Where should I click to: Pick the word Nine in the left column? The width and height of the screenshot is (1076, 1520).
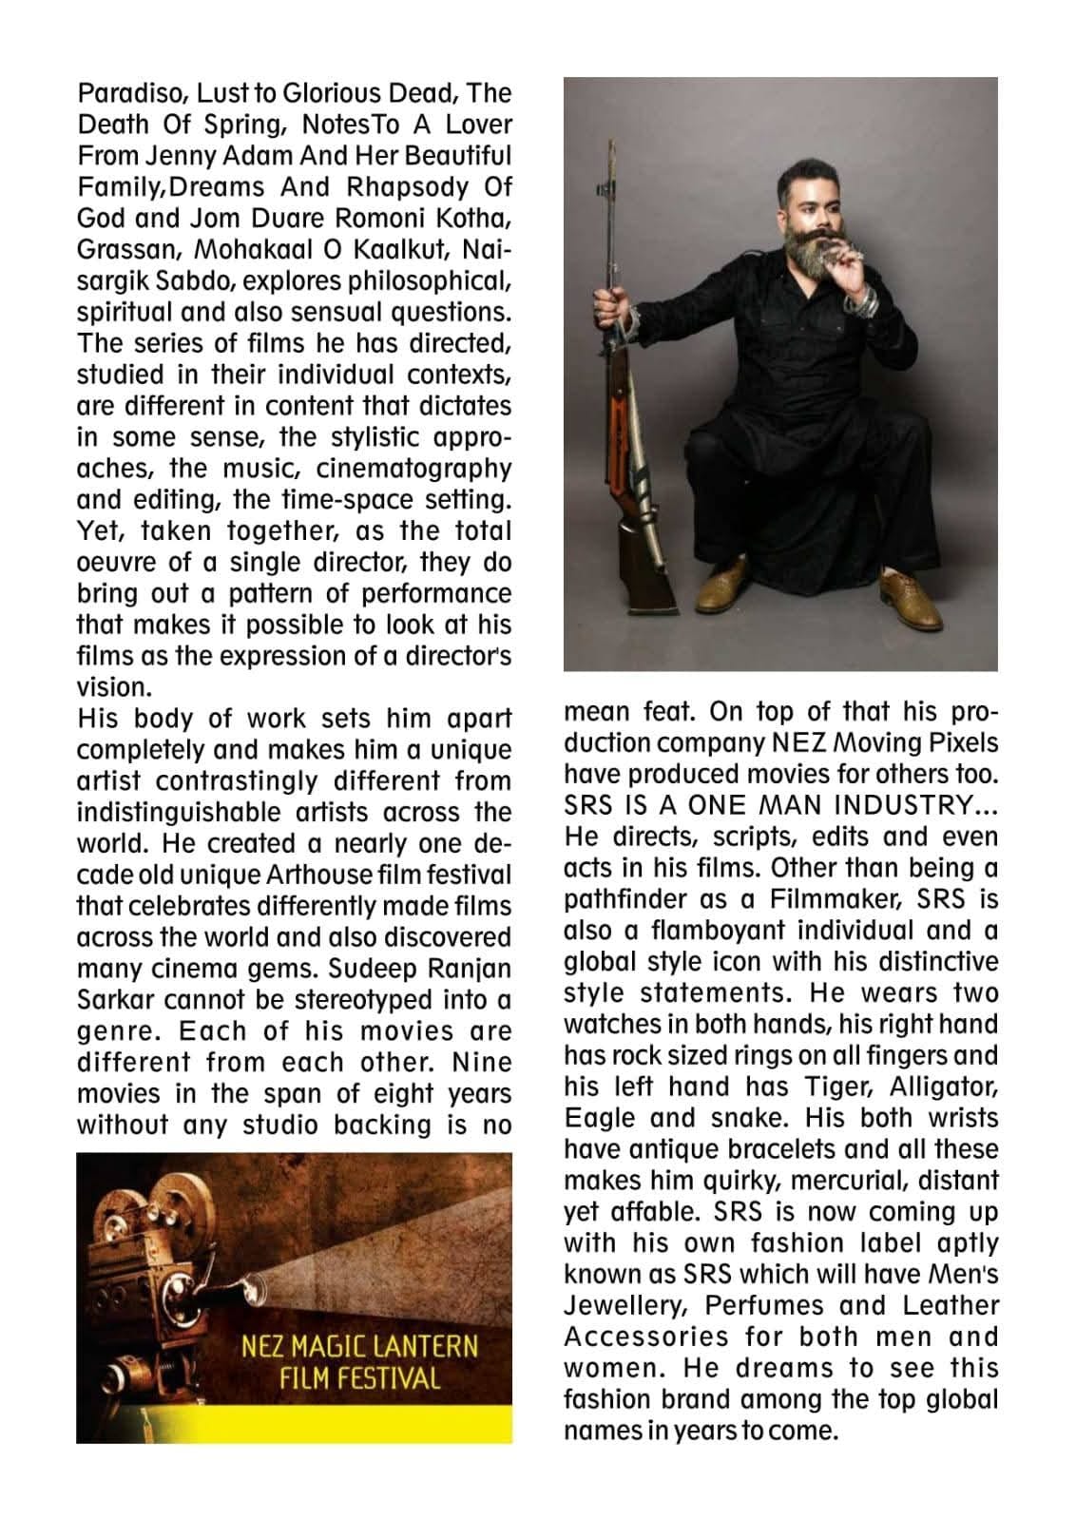[481, 1062]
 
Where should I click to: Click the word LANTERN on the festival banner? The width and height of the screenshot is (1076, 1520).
[429, 1347]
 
